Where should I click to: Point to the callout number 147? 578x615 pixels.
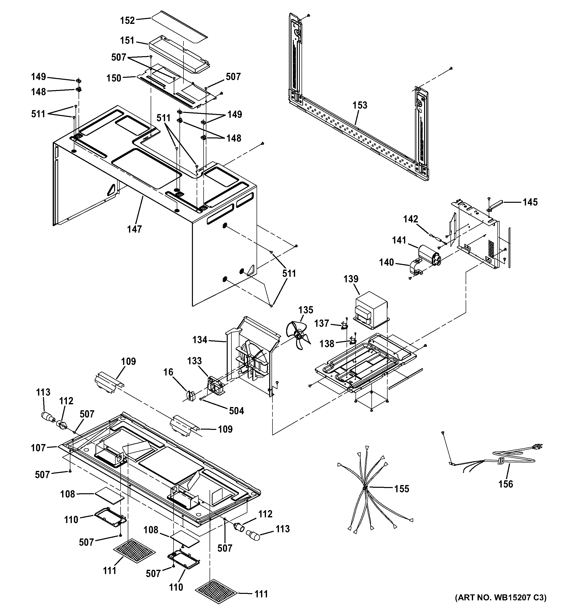pyautogui.click(x=134, y=229)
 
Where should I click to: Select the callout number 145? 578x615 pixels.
pyautogui.click(x=530, y=202)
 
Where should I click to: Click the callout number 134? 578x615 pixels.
pyautogui.click(x=200, y=340)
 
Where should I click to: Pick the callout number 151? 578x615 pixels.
pyautogui.click(x=127, y=41)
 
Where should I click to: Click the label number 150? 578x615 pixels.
pyautogui.click(x=114, y=78)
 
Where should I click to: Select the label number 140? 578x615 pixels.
pyautogui.click(x=387, y=262)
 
